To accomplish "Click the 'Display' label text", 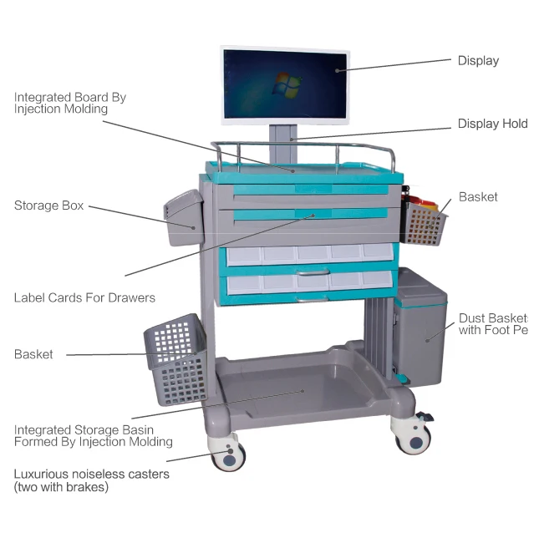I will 478,60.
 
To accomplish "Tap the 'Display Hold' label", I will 492,124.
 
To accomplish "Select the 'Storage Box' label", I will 48,206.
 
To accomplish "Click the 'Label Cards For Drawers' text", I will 84,297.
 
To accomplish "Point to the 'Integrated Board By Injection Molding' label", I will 70,103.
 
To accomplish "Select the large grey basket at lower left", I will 175,358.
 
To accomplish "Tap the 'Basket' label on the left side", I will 33,354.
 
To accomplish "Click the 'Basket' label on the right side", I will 478,197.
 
